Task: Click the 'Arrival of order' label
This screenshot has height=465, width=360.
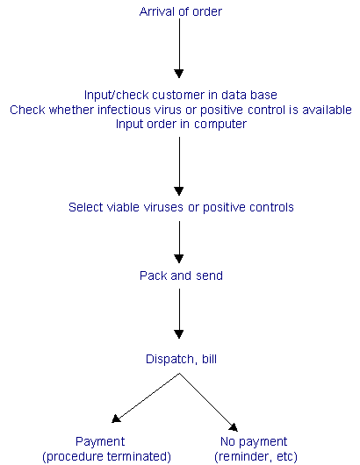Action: click(x=181, y=12)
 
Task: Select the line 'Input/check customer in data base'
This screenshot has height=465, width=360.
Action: click(x=181, y=96)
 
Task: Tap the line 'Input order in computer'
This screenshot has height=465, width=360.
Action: click(x=181, y=124)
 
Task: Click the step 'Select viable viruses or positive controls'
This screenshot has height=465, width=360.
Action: click(x=181, y=207)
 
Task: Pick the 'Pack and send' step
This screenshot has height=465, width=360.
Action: click(x=181, y=275)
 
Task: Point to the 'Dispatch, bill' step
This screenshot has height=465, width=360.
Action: click(x=181, y=359)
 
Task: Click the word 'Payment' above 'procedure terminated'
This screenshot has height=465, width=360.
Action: click(x=100, y=441)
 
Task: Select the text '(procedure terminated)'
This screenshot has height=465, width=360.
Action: click(x=106, y=456)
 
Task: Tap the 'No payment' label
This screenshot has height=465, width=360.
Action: click(x=254, y=441)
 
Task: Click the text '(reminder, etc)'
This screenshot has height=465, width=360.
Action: click(x=256, y=456)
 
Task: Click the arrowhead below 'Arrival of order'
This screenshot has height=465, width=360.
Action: click(x=179, y=73)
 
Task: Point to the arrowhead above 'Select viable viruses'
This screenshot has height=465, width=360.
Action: click(x=179, y=191)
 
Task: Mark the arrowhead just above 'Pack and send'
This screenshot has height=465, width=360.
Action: click(x=179, y=259)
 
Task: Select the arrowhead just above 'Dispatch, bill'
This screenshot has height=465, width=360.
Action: click(x=179, y=334)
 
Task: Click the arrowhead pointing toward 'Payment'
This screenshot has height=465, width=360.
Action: click(x=116, y=418)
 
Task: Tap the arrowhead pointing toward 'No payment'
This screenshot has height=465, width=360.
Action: click(x=234, y=427)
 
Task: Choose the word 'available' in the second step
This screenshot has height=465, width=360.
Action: click(x=327, y=110)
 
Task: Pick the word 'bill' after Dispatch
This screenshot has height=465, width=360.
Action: click(x=209, y=359)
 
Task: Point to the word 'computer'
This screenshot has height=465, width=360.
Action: click(x=220, y=125)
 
